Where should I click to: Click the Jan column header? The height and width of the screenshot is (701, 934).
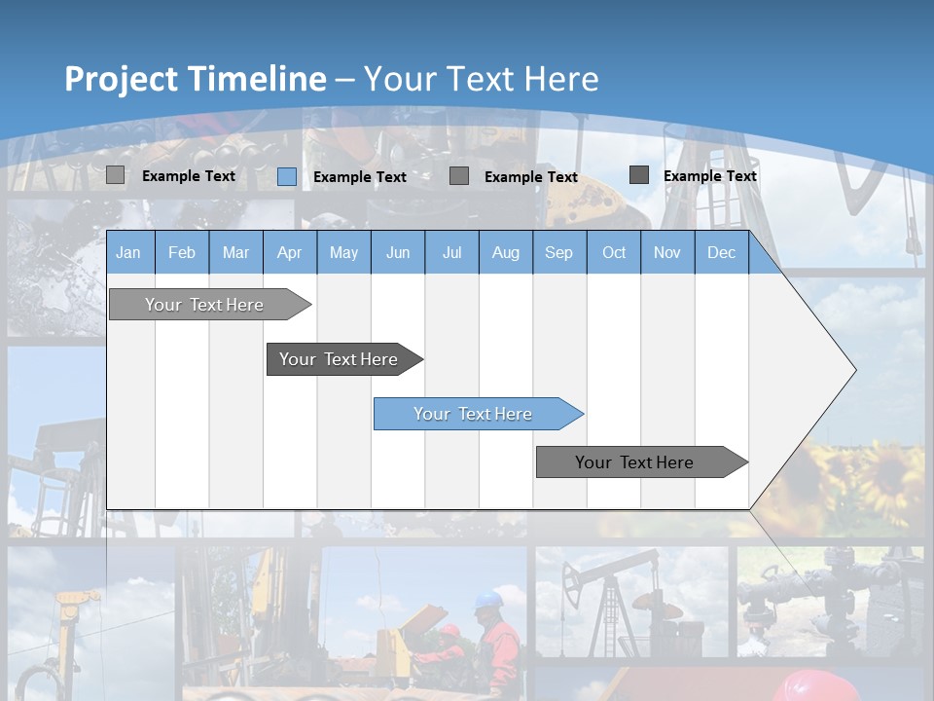[x=129, y=252]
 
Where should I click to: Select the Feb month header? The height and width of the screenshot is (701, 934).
[x=182, y=252]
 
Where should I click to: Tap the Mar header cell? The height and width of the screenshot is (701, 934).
[x=235, y=252]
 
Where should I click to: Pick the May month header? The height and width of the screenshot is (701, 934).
[x=343, y=252]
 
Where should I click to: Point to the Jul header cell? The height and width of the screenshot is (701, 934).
[x=451, y=252]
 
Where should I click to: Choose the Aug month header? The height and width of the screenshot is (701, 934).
[x=505, y=252]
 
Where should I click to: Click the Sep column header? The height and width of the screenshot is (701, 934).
[x=558, y=252]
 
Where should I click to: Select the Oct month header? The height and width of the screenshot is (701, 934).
[x=614, y=252]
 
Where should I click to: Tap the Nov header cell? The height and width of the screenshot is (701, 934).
[x=667, y=252]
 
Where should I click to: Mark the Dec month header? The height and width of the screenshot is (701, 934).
[x=721, y=252]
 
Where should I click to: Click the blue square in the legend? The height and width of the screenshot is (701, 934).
[x=287, y=176]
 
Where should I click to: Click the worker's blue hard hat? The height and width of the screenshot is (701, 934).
[x=489, y=598]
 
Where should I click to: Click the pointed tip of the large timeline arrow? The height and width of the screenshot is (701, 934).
[x=854, y=370]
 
